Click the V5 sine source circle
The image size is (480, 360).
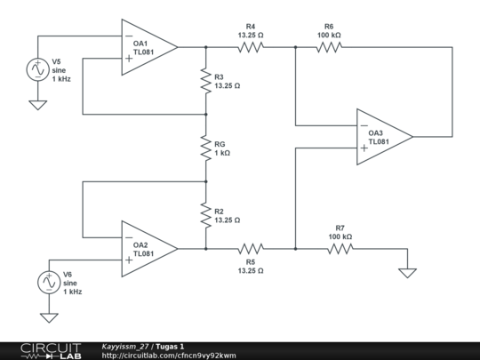coord(38,69)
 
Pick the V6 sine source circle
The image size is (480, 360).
coord(49,283)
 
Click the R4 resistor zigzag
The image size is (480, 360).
coord(251,47)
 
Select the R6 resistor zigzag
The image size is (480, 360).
coord(329,47)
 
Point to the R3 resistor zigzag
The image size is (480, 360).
coord(206,81)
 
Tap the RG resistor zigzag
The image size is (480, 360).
coord(206,148)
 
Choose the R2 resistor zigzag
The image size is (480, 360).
coord(206,215)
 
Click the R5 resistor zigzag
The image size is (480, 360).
coord(251,249)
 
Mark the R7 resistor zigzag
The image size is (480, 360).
coord(340,249)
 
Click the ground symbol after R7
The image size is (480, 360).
coord(407,273)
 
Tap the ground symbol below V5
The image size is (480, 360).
coord(38,105)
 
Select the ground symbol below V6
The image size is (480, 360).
coord(49,317)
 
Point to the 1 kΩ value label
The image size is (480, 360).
coord(222,153)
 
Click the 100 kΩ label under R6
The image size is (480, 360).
coord(329,36)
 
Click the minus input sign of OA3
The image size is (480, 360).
coord(364,125)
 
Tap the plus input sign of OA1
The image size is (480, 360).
coord(129,59)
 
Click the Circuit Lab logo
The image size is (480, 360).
coord(51,351)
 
